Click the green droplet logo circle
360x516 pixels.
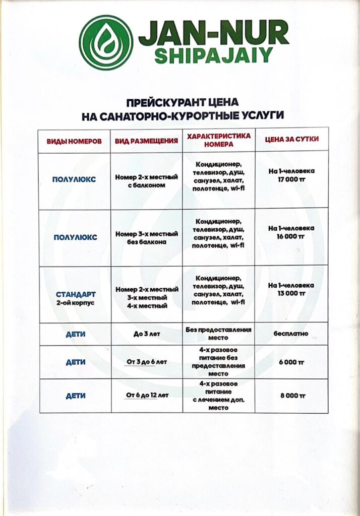[x=106, y=42]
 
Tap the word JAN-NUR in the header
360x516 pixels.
[x=214, y=33]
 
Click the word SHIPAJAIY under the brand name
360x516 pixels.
[x=213, y=55]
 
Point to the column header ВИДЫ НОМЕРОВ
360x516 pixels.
[x=74, y=141]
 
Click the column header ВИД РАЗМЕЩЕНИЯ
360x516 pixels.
[x=146, y=141]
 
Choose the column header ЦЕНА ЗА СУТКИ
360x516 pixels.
[x=292, y=139]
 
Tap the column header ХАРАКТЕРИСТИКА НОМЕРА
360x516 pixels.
[x=218, y=140]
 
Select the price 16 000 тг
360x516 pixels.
[x=291, y=235]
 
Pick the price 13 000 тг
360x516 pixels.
[x=291, y=292]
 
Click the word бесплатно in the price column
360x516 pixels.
[x=291, y=334]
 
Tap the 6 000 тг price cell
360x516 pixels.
[x=291, y=362]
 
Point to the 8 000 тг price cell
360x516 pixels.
[x=291, y=396]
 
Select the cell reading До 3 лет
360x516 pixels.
[x=146, y=334]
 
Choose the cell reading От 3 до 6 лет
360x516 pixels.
[x=146, y=362]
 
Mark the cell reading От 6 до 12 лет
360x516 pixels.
[x=146, y=396]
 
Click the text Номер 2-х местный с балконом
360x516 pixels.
[x=146, y=181]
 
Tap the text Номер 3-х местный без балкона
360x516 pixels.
[x=146, y=238]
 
